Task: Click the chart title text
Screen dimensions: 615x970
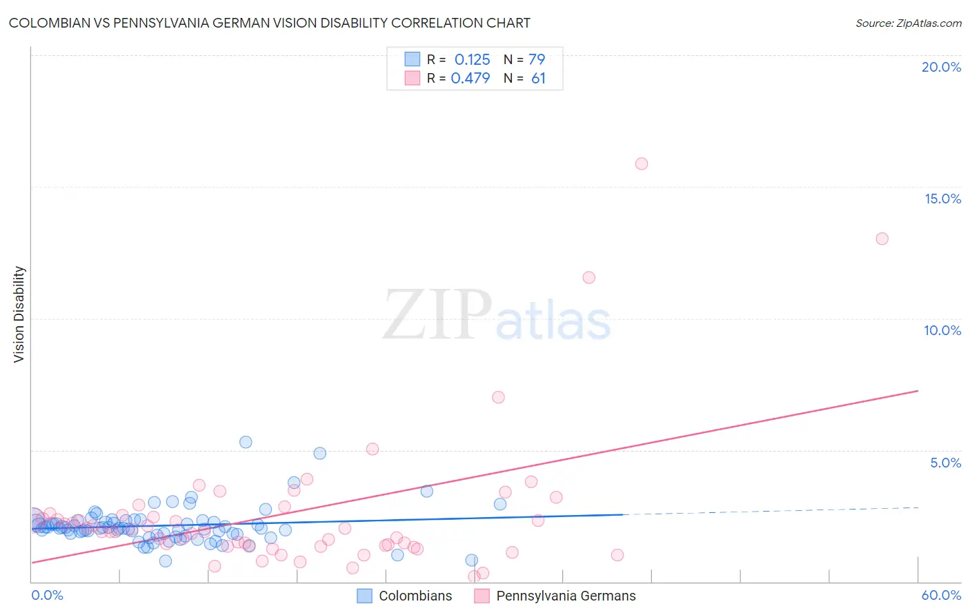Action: coord(269,23)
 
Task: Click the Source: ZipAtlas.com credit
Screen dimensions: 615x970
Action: coord(908,23)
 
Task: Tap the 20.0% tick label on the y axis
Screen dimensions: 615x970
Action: coord(941,67)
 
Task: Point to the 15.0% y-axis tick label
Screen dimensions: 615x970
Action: coord(942,199)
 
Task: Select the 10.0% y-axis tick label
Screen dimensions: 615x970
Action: coord(942,330)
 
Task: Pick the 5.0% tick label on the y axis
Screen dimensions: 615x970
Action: coord(945,463)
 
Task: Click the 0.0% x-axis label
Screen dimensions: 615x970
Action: coord(47,595)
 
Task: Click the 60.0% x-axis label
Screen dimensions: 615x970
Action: coord(941,595)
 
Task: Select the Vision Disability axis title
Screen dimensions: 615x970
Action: coord(19,314)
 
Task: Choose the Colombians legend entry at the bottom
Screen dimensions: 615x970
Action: coord(415,596)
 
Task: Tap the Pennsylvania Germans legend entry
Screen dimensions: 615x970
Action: coord(566,596)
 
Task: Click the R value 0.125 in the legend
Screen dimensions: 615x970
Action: coord(472,60)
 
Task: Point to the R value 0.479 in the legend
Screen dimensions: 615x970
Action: coord(471,79)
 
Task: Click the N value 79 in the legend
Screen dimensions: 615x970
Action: coord(537,60)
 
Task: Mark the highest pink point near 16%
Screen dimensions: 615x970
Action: coord(642,163)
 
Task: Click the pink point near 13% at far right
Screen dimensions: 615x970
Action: coord(882,239)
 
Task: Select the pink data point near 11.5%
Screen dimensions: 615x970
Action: coord(588,277)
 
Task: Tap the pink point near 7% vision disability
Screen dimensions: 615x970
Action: coord(498,397)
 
